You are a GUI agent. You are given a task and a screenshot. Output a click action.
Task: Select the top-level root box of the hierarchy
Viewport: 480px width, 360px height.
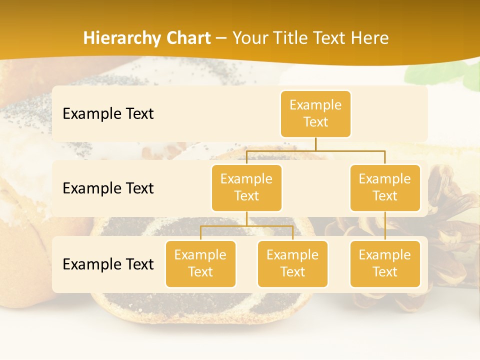(315, 113)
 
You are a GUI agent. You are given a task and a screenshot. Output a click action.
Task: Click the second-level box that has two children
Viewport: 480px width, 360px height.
(246, 187)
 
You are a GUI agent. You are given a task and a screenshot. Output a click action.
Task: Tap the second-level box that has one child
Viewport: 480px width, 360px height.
(385, 187)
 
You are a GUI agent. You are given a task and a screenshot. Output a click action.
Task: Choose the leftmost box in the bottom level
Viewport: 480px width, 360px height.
(200, 263)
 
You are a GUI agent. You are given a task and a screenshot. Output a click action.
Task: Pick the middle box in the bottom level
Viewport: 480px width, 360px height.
(292, 263)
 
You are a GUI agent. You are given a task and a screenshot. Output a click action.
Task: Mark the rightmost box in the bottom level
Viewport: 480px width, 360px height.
(385, 263)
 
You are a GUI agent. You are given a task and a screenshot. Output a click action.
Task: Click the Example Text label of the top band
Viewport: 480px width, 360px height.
(108, 114)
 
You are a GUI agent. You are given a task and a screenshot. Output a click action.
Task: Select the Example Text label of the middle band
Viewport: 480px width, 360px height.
(108, 188)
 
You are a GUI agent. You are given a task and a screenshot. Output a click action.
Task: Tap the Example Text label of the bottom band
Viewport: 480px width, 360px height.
(108, 264)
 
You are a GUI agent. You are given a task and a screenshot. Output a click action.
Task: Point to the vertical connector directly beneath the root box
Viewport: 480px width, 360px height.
(315, 144)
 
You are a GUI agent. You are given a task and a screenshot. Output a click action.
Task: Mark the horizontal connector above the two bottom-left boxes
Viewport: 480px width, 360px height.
(246, 226)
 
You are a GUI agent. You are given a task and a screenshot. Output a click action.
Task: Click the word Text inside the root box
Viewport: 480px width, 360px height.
(315, 122)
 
